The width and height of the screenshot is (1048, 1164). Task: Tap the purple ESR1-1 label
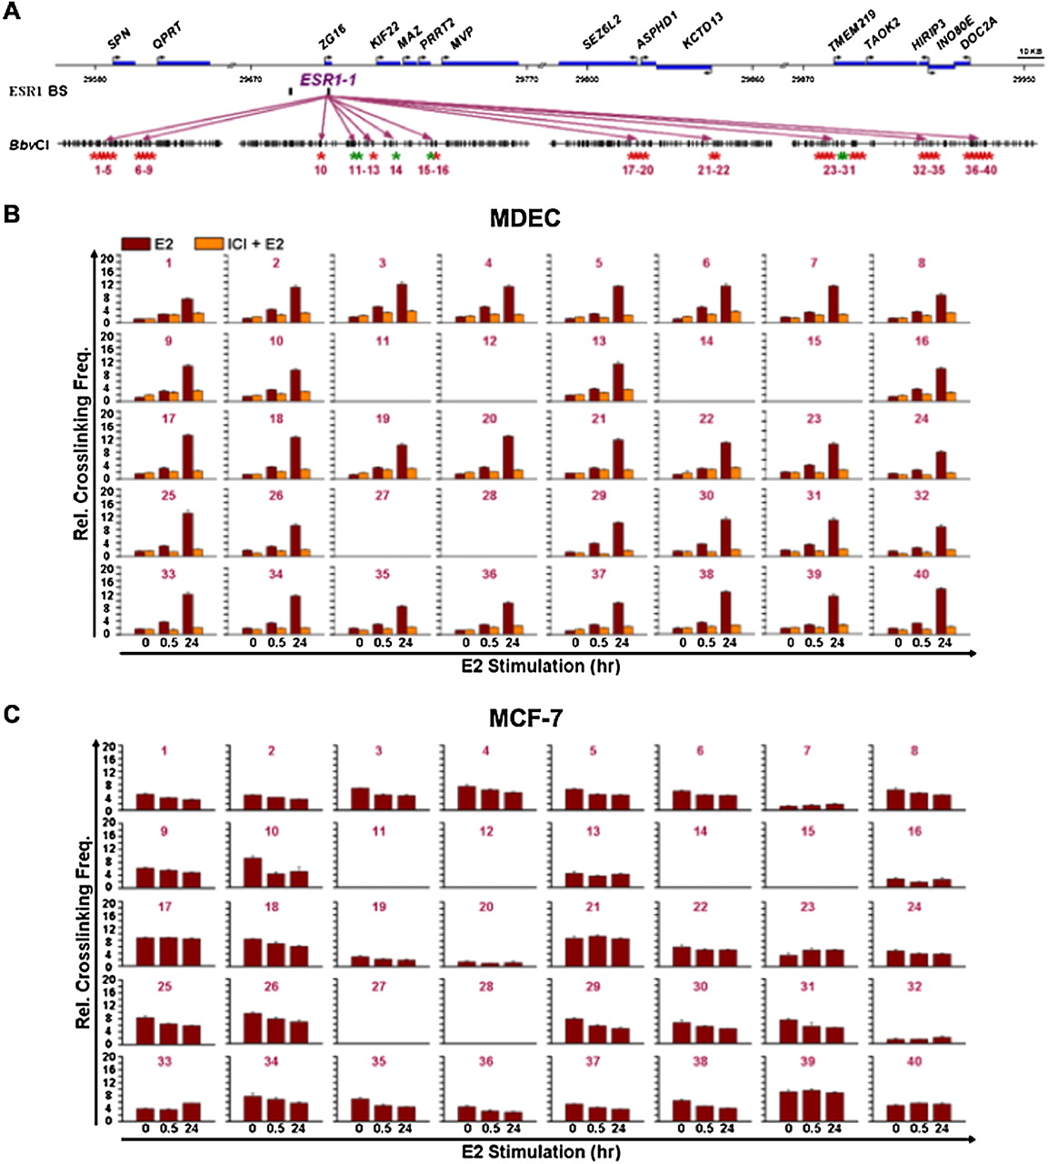[x=328, y=80]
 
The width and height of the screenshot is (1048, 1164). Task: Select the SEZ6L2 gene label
[x=601, y=40]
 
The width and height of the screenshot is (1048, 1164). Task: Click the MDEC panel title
[x=524, y=218]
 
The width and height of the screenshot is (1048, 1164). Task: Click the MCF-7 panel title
[x=524, y=717]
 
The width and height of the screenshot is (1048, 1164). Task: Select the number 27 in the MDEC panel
[x=383, y=496]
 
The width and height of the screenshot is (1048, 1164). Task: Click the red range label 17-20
[x=638, y=170]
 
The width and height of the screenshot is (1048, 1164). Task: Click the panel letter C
[x=12, y=713]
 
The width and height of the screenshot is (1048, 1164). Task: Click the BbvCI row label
[x=24, y=144]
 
